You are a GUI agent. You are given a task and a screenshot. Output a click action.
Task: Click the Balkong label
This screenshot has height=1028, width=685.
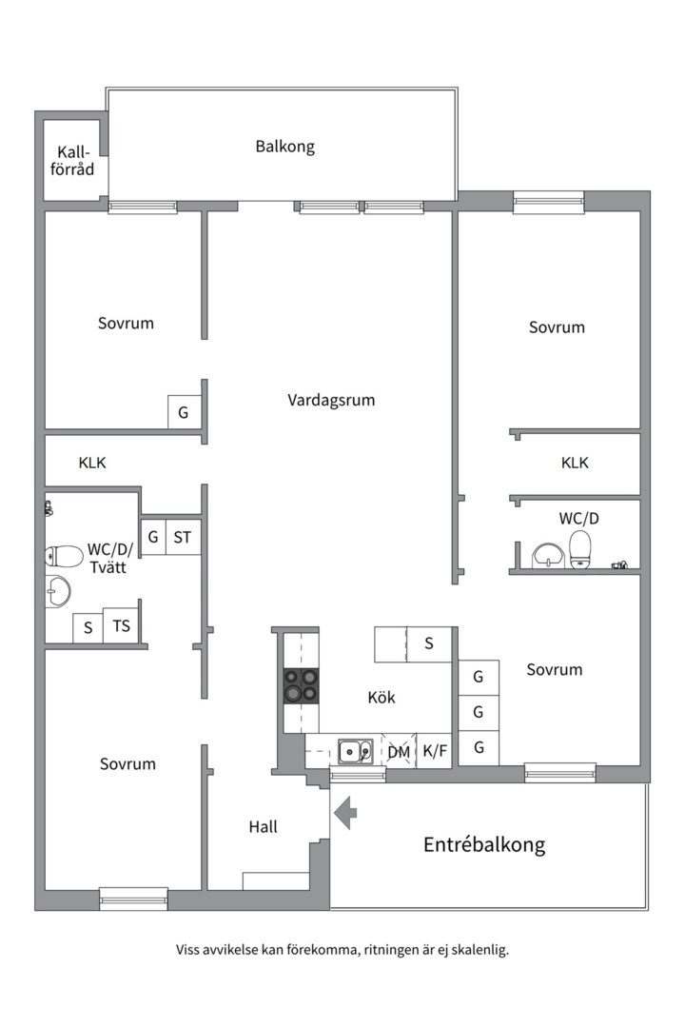click(x=284, y=147)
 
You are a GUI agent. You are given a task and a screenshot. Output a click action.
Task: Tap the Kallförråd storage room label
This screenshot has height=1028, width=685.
click(x=73, y=161)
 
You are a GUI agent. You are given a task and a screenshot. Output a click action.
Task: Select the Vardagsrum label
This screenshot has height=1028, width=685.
click(x=331, y=400)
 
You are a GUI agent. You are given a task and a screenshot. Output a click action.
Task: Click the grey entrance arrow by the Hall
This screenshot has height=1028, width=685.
click(x=344, y=812)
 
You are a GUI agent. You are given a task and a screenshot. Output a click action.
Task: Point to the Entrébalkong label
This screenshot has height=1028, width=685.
click(x=484, y=844)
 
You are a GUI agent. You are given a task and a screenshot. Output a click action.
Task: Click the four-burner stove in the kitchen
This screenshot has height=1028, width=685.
click(x=301, y=685)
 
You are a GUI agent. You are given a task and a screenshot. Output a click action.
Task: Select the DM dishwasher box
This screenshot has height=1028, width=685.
click(x=400, y=751)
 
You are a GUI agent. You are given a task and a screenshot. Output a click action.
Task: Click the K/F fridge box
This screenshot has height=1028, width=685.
click(x=435, y=751)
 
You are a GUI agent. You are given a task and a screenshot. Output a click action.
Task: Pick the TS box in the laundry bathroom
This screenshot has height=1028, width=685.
click(x=122, y=626)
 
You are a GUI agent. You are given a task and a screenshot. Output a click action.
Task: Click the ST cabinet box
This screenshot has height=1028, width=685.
click(x=183, y=538)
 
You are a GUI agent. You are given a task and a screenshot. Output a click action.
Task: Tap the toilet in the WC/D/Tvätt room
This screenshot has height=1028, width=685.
click(x=65, y=556)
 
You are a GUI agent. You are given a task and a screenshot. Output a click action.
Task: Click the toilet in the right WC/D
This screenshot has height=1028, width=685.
click(x=579, y=549)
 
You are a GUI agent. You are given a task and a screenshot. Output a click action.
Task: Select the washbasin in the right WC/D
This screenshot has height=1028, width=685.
click(x=548, y=554)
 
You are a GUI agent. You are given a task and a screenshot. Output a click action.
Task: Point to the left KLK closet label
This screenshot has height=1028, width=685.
click(x=92, y=463)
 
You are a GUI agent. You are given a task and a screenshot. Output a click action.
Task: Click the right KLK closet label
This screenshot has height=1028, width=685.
click(x=575, y=463)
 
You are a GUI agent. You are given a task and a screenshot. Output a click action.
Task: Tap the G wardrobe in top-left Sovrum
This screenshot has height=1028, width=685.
click(x=184, y=413)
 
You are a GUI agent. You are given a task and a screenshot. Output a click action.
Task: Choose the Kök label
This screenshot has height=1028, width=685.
click(x=382, y=697)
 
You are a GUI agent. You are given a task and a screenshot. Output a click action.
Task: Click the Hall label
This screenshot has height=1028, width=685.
click(x=264, y=826)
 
